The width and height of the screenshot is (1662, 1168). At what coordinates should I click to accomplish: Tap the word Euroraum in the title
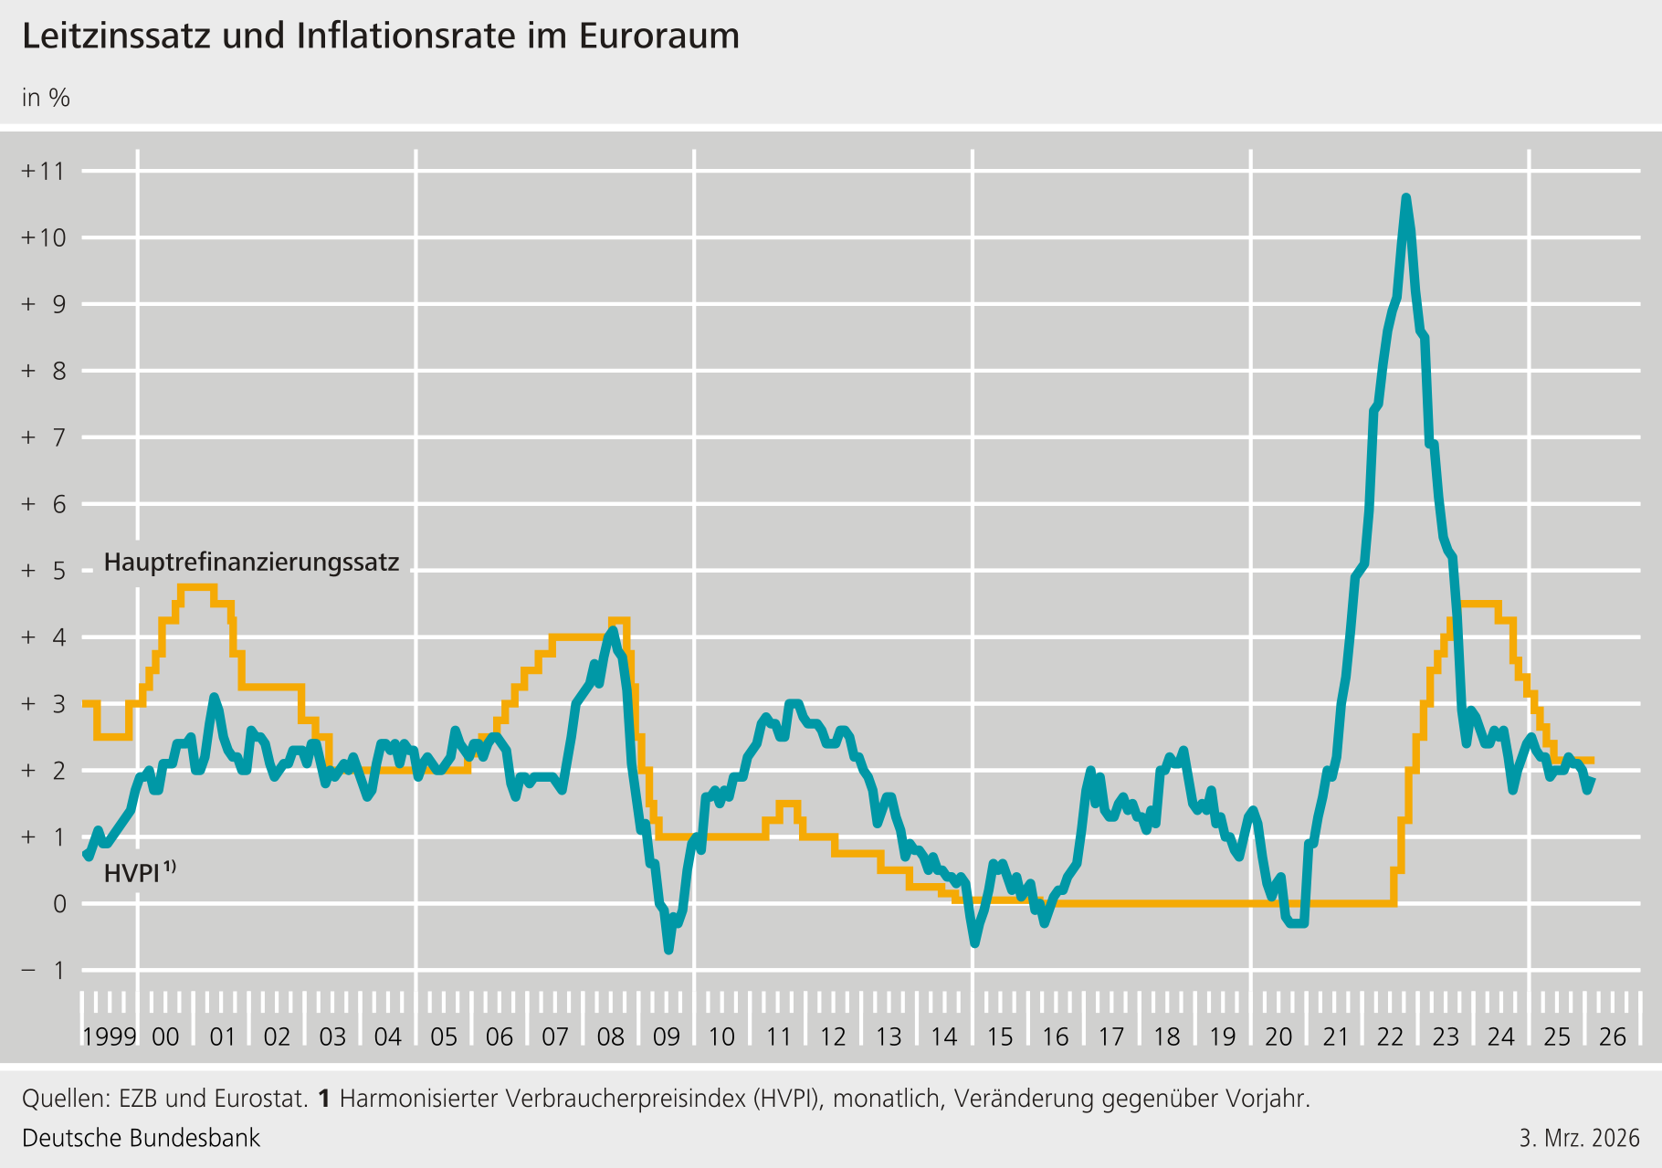[658, 37]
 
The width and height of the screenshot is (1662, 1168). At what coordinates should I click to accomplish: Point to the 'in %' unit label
[46, 98]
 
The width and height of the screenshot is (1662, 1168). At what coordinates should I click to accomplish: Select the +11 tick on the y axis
[44, 171]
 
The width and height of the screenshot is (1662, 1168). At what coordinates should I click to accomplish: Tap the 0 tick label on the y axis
[59, 904]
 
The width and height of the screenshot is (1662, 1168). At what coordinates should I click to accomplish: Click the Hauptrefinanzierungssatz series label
[251, 562]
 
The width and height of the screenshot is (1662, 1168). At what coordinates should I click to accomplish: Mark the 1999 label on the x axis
[110, 1036]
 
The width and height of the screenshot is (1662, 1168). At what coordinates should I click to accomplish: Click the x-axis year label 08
[611, 1036]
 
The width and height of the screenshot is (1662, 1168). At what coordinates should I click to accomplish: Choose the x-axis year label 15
[1000, 1036]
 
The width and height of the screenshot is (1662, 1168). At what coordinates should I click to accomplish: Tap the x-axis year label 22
[1390, 1036]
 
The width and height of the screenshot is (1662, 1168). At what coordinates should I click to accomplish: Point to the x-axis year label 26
[1613, 1036]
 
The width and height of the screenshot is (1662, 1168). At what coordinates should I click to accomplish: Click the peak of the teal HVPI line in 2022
[1405, 197]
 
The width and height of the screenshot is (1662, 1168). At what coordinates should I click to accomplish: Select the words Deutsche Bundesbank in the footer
[141, 1138]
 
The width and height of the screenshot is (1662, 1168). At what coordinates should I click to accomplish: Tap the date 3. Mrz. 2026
[1579, 1138]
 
